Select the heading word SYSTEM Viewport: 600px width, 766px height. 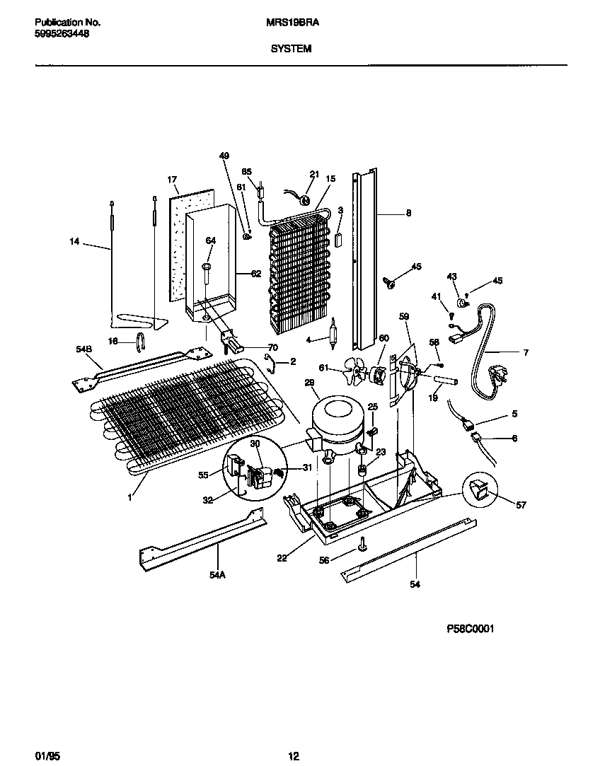point(290,50)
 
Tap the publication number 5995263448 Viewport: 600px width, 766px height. point(62,33)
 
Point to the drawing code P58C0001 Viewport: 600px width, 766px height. point(470,628)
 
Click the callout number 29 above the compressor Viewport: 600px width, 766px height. point(309,382)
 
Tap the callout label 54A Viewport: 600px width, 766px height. point(217,575)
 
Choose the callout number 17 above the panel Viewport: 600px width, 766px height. point(171,180)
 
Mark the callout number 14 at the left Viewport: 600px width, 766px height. point(74,242)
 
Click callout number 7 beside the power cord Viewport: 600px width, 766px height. point(526,352)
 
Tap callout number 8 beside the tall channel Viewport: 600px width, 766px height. point(408,212)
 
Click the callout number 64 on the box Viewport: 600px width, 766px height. point(209,241)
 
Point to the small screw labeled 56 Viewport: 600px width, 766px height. point(362,544)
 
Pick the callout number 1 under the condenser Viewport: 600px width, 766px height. point(129,497)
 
